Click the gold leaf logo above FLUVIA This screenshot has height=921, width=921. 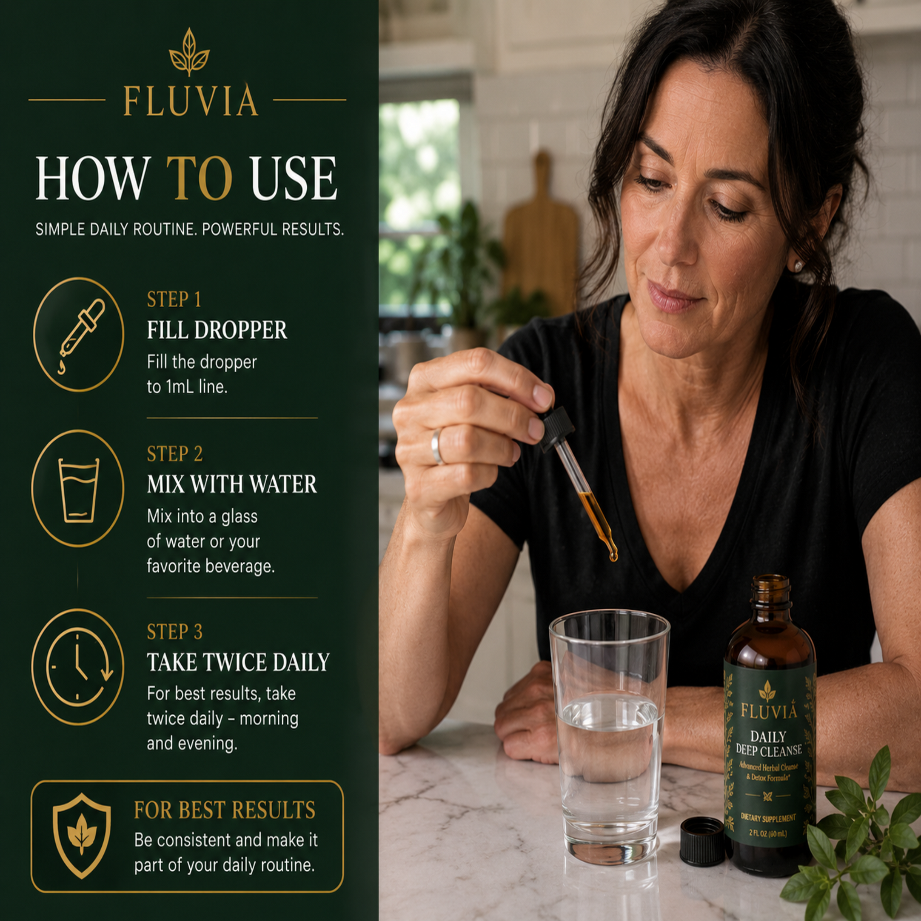point(189,52)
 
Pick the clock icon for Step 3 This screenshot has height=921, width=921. point(78,666)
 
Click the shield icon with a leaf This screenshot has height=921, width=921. point(81,836)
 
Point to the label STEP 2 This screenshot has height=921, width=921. point(175,454)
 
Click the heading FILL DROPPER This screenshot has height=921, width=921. point(217,330)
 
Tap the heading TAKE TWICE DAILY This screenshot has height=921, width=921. point(238,662)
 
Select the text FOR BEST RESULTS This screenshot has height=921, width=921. point(224,810)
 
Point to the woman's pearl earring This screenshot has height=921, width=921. point(797,266)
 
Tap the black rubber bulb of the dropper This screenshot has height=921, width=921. point(557,429)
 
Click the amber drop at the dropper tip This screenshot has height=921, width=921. point(612,555)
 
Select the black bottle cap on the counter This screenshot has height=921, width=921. point(702,841)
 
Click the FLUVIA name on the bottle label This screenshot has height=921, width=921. point(769,711)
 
